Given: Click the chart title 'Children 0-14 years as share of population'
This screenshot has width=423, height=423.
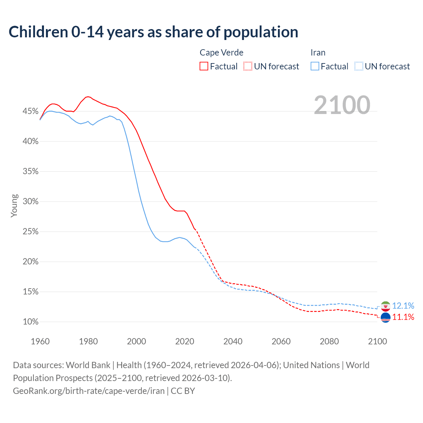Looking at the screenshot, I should (153, 32).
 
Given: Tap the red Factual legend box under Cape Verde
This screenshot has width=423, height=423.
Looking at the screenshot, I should (204, 66).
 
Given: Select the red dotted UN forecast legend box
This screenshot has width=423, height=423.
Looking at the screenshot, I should (248, 66).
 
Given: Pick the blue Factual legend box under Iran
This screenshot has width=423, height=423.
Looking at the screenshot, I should (315, 66).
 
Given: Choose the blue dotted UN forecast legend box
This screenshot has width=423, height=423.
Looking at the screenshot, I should (359, 66).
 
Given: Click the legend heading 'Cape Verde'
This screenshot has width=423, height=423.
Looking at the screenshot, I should (221, 53).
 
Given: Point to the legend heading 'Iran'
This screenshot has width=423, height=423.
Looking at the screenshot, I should (318, 53).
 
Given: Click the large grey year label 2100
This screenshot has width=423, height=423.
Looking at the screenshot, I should (342, 105).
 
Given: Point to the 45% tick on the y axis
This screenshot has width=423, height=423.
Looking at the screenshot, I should (30, 111).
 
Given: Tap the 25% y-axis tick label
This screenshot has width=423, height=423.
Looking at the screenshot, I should (30, 232).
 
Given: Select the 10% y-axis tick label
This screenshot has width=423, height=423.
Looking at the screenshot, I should (30, 322).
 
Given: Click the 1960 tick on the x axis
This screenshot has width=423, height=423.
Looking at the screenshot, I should (40, 341).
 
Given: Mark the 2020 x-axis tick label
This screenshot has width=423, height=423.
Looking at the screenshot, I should (184, 341).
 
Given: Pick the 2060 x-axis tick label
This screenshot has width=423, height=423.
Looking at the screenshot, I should (281, 341).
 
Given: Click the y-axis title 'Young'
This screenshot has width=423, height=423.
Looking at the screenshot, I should (14, 206).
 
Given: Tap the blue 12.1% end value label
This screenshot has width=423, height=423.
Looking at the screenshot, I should (403, 306).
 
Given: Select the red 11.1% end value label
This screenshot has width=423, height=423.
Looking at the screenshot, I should (403, 317).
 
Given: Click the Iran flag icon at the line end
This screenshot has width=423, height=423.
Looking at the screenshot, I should (385, 306).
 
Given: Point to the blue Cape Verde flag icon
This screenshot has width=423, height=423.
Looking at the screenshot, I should (385, 318).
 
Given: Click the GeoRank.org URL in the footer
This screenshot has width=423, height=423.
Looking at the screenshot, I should (89, 391).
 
